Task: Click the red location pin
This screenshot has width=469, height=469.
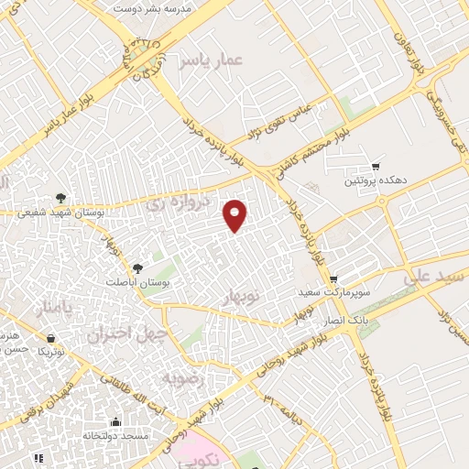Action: [x=236, y=214]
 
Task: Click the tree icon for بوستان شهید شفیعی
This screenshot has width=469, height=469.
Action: [x=61, y=197]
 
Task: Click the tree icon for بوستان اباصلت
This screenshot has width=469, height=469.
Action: [x=137, y=267]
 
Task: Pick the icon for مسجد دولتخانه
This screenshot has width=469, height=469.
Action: [x=115, y=422]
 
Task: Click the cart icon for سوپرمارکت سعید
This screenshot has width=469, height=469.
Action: [x=333, y=278]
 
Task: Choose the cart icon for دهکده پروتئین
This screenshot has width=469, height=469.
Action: [x=376, y=167]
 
